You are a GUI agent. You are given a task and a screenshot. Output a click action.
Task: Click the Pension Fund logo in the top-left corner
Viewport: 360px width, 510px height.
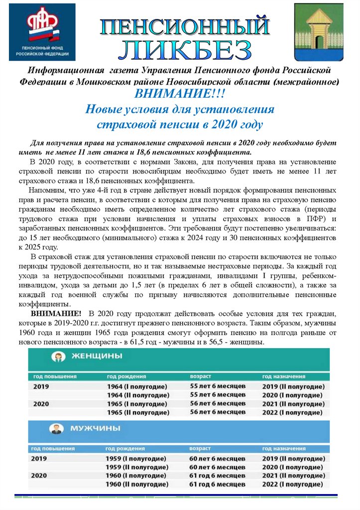click(42, 32)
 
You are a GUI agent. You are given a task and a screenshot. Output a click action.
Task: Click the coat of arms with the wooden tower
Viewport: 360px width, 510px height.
click(318, 31)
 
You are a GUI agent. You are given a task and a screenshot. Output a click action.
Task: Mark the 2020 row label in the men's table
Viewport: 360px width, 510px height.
click(39, 476)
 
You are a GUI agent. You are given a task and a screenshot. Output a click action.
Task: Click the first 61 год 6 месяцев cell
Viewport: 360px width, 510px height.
click(218, 476)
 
